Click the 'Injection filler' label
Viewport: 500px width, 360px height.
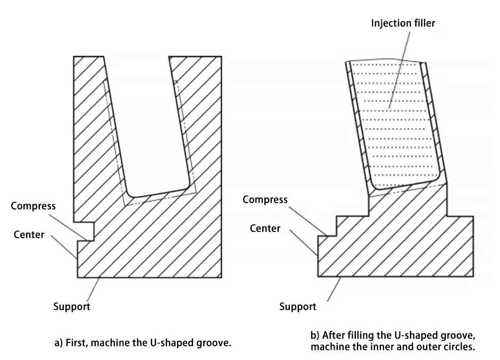[x=404, y=23]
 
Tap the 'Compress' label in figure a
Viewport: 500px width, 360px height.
[x=33, y=206]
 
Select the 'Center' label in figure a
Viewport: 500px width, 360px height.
[x=29, y=234]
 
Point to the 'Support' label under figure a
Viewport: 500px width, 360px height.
[x=72, y=306]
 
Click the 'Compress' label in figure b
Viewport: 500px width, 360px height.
[x=265, y=199]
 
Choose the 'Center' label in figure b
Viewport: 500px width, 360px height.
[x=265, y=228]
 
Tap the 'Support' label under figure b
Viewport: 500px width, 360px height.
[x=298, y=306]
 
